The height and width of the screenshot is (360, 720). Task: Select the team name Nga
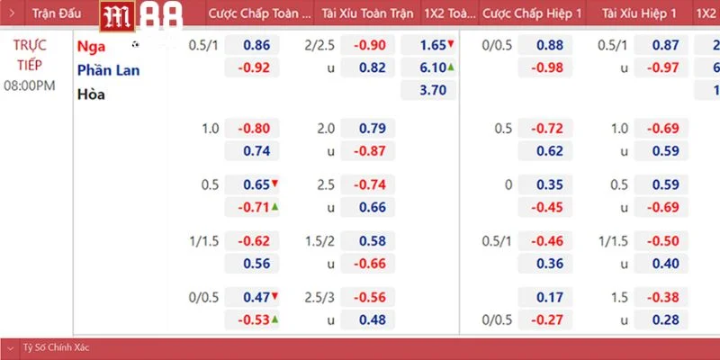point(91,46)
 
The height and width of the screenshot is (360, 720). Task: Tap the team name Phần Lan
point(108,69)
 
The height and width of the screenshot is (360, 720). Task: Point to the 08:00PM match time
point(30,85)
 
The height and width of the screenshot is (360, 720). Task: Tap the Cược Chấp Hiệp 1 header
point(532,14)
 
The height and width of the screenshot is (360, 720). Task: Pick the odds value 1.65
point(434,45)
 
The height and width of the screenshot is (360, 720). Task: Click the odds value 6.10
point(434,67)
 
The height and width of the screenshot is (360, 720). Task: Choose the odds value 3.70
point(434,89)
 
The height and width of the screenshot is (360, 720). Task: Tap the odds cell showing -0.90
point(369,45)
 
